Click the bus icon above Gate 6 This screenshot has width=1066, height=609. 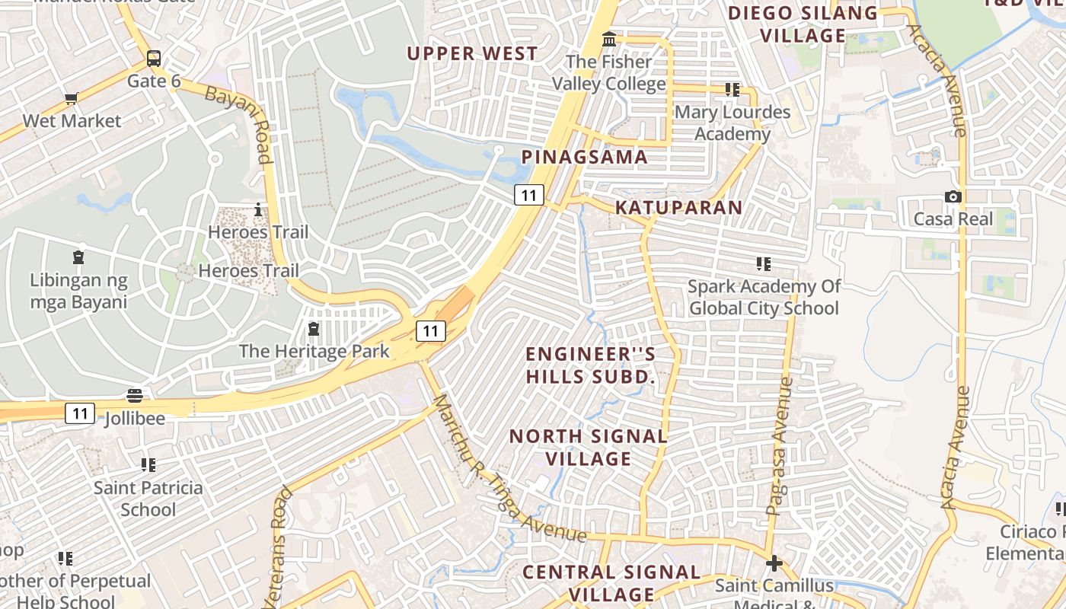click(154, 58)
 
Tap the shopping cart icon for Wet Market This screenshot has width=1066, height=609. click(72, 97)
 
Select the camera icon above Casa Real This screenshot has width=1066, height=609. click(953, 196)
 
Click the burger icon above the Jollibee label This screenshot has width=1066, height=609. click(135, 395)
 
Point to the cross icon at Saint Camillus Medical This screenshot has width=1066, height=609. click(774, 563)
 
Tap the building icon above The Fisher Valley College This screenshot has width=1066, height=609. click(609, 39)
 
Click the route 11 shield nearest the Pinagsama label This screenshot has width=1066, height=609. click(528, 195)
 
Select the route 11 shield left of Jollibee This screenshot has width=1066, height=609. click(79, 413)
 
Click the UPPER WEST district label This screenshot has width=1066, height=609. click(472, 53)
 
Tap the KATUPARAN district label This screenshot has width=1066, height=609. click(678, 207)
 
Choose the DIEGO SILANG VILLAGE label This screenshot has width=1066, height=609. click(803, 24)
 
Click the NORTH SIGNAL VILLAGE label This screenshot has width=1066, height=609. click(589, 448)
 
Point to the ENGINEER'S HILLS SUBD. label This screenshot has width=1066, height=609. click(591, 365)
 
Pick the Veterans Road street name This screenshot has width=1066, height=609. click(276, 548)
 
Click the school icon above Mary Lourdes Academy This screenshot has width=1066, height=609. click(732, 90)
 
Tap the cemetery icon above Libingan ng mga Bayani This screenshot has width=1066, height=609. click(78, 257)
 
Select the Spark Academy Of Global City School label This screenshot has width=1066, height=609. click(764, 297)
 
